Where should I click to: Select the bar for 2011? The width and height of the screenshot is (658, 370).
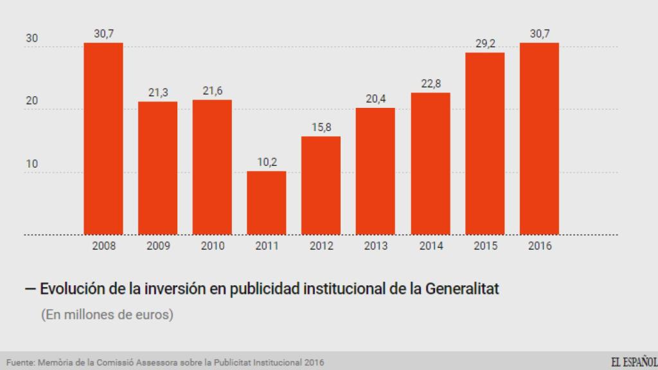(267, 203)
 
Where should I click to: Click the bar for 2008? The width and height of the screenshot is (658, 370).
(103, 139)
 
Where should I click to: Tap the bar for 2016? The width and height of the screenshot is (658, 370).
(539, 139)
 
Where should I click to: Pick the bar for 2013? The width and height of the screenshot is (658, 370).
(376, 172)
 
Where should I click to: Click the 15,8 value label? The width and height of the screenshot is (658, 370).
(321, 127)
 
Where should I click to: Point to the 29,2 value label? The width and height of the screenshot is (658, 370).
(485, 44)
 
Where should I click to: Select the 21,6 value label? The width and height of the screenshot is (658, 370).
(212, 91)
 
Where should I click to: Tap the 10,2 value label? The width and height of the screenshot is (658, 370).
(267, 163)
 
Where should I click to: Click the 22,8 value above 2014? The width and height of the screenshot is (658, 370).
(430, 84)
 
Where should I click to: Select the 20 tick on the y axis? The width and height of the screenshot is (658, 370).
(31, 101)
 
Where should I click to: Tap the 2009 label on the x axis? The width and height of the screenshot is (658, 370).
(158, 246)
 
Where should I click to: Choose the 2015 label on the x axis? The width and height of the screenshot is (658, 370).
(485, 246)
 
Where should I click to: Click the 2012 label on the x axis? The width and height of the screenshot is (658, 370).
(321, 246)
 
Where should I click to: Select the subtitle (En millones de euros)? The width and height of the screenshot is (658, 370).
(107, 316)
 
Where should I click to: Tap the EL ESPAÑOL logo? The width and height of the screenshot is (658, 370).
(634, 362)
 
